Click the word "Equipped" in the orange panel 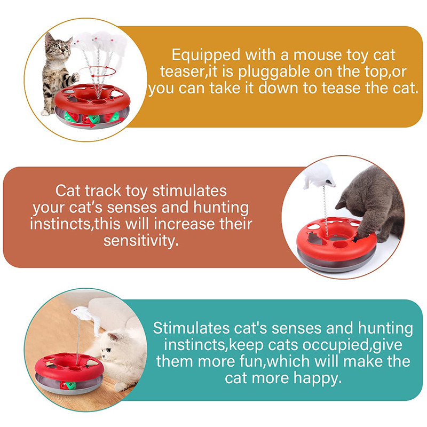206,56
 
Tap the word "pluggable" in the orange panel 274,73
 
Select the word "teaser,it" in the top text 189,72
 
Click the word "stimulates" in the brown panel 189,191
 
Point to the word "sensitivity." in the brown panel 141,241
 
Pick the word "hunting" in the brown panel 221,208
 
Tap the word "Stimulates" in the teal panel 191,328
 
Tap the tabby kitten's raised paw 74,77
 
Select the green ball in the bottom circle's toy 71,385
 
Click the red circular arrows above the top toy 98,72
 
